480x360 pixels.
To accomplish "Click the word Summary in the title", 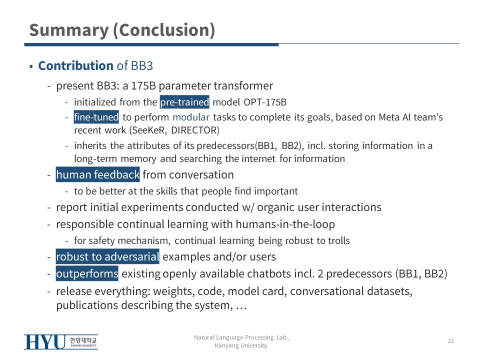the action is [x=69, y=30].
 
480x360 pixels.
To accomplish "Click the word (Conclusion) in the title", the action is [x=164, y=30].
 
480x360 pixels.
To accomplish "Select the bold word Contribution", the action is [x=75, y=65].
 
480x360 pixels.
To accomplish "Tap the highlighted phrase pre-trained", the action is [x=184, y=102].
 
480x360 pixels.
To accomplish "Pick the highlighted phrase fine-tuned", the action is [x=96, y=117].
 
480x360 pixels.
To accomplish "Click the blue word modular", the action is [x=191, y=117].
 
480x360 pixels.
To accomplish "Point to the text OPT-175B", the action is [x=265, y=102].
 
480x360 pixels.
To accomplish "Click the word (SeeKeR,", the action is [x=148, y=130].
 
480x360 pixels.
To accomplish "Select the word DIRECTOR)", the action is [x=195, y=130].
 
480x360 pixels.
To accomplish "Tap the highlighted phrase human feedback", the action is [x=97, y=174].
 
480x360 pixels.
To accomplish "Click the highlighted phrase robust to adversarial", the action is [x=107, y=256].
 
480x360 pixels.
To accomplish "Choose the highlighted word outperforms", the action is [x=87, y=273].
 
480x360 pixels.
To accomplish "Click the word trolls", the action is [x=339, y=240].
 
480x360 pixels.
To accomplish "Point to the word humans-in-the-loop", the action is [x=285, y=224].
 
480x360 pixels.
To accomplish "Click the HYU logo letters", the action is [x=45, y=342].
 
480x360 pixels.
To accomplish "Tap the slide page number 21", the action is [x=451, y=341].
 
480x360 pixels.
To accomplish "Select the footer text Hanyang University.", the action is [x=241, y=345].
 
